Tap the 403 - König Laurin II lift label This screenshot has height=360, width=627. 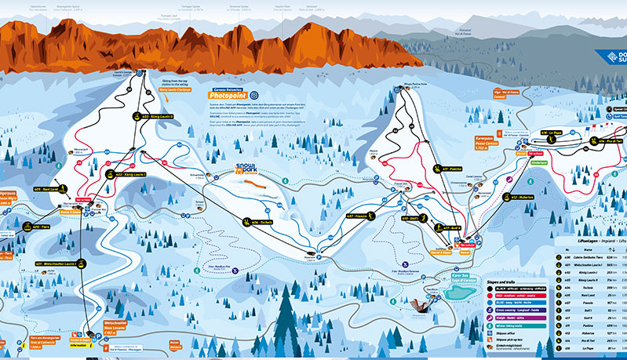(x=160, y=116)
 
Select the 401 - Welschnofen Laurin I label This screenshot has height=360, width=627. (x=59, y=264)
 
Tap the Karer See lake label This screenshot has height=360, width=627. (x=459, y=278)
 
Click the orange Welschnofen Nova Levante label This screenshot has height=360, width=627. (x=116, y=325)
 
